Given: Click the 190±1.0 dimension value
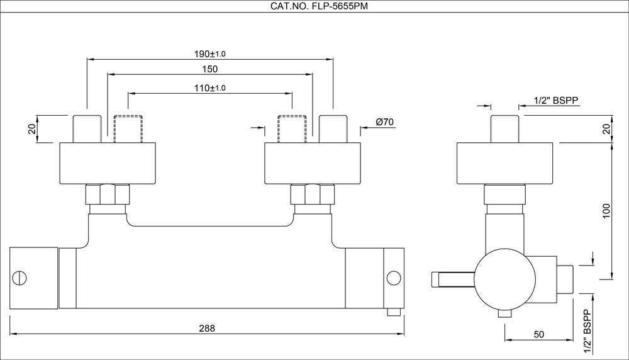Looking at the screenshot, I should coord(210,53).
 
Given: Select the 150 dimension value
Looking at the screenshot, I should coord(210,69).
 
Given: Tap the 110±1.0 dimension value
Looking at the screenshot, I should coord(210,88).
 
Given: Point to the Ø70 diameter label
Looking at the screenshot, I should coord(384,121).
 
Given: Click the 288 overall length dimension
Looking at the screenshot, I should coord(207,328).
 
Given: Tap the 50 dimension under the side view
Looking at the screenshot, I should coord(538,334).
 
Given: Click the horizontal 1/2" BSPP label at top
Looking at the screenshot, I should coord(555,101).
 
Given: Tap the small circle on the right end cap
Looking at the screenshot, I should coord(394,278).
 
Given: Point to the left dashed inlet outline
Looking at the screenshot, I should coord(128,128).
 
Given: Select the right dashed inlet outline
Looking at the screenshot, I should coord(292,128).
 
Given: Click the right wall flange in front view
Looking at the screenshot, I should coord(313,163).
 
